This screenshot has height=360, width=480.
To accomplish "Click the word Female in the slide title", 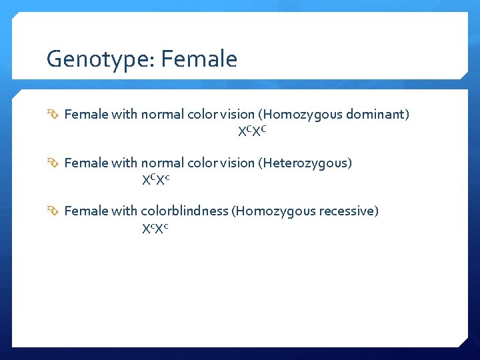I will pos(199,59).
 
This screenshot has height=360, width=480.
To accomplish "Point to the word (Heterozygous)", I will pos(305,163).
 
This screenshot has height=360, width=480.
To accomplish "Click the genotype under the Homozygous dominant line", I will pos(253,131).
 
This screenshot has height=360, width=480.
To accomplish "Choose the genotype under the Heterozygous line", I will pos(156,179).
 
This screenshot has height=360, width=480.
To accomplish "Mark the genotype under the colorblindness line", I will pos(155,228).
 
